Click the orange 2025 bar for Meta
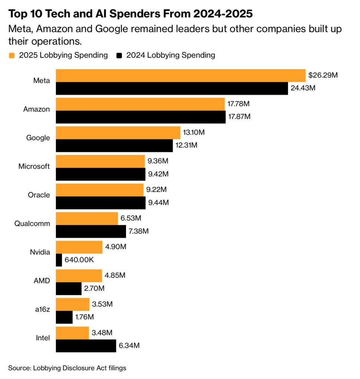[181, 75]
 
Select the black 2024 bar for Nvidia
[59, 260]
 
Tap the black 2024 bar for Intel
[86, 346]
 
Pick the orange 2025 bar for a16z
[73, 304]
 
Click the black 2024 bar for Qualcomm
[91, 231]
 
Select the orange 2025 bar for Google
[118, 132]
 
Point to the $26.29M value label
[323, 75]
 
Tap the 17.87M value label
[240, 117]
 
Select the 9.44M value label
[158, 203]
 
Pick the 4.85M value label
[115, 275]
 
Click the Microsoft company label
[34, 166]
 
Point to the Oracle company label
[39, 195]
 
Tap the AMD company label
[42, 280]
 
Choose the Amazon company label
[36, 109]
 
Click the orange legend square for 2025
[12, 56]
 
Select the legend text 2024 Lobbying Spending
[171, 56]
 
